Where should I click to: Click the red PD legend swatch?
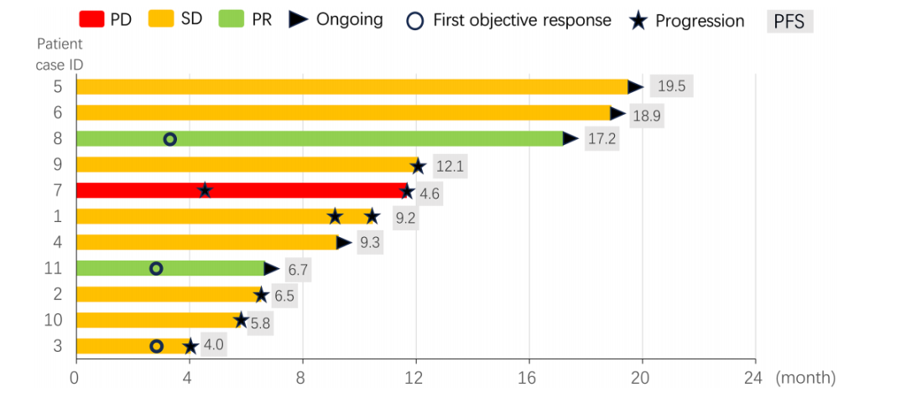click(91, 18)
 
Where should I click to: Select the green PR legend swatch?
click(232, 18)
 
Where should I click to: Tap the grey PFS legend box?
click(789, 21)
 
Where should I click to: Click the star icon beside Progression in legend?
click(638, 21)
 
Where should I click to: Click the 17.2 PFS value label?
click(601, 139)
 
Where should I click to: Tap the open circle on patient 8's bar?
click(169, 139)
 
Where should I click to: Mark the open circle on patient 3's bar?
click(156, 346)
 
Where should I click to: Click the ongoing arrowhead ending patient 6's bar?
click(617, 113)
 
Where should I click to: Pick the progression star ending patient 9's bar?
click(418, 166)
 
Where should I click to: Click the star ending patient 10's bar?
click(241, 320)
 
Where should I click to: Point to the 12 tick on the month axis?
click(415, 379)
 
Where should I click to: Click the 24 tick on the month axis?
click(753, 379)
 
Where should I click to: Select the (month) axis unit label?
click(806, 379)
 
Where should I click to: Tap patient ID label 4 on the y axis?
click(58, 243)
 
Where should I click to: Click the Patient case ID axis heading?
click(59, 54)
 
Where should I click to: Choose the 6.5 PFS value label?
click(284, 296)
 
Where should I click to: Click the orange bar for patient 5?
click(352, 86)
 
